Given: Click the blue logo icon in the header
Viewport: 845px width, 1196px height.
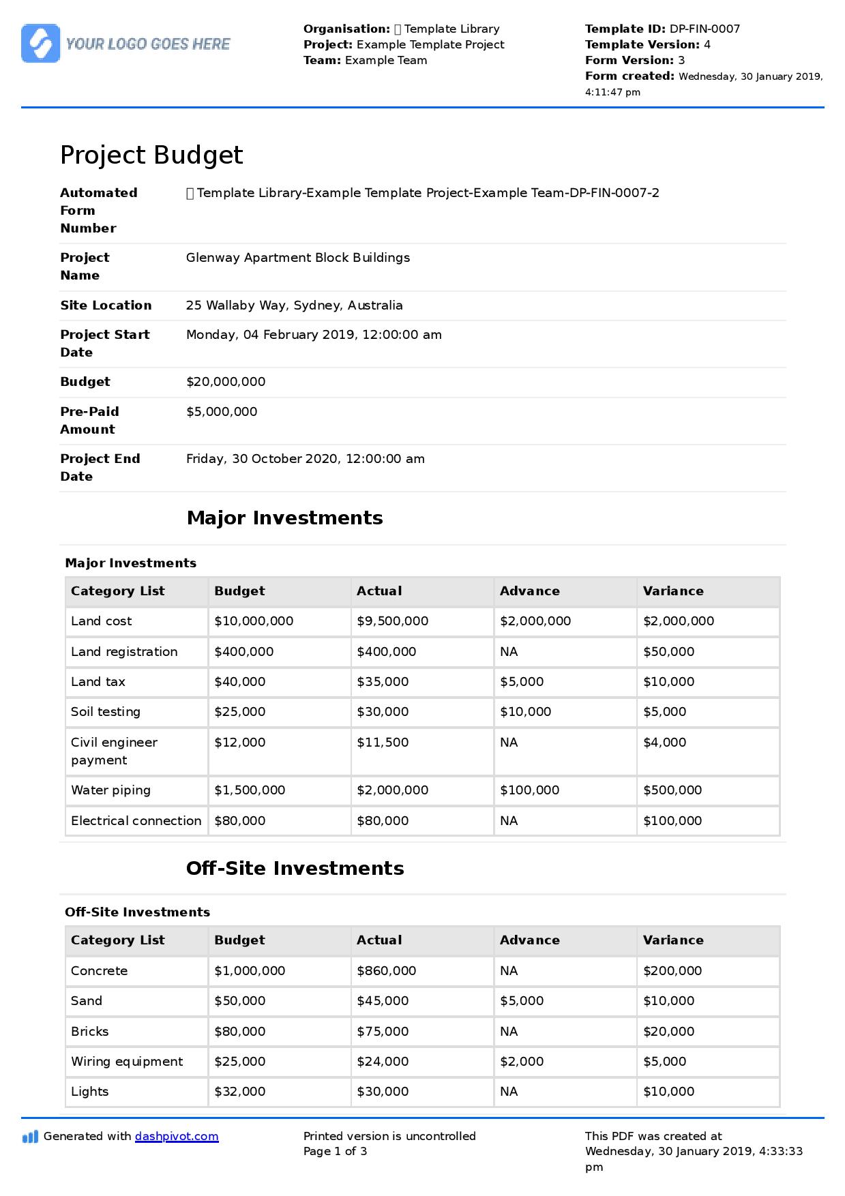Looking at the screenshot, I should [x=40, y=44].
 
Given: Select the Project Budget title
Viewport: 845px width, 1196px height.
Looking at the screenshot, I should [x=151, y=155].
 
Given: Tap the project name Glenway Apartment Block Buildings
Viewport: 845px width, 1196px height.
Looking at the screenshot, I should [x=297, y=258].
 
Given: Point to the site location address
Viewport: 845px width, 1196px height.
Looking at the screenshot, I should [x=294, y=305].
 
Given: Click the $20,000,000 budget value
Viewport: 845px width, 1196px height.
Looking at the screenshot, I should [x=226, y=382].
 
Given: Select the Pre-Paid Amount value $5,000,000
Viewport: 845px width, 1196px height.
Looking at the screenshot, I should [x=222, y=412].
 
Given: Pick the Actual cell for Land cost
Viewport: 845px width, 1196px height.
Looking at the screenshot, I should [x=392, y=621].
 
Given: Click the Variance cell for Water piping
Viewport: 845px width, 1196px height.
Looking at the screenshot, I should [x=672, y=790].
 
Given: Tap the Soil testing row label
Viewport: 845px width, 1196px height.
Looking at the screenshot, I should [x=105, y=712].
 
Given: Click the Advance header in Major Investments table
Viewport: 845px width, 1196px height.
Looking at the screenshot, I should [x=529, y=591].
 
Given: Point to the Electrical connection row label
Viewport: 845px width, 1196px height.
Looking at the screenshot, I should [x=136, y=821].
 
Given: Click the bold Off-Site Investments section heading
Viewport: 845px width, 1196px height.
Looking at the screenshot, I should [x=295, y=868].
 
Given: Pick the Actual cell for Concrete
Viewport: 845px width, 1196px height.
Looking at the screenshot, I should [x=386, y=971].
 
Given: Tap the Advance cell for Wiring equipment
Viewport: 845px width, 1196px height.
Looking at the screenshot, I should [x=521, y=1062].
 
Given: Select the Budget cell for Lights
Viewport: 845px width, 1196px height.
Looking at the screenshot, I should [x=239, y=1092].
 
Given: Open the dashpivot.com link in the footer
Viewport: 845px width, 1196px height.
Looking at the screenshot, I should [x=177, y=1136].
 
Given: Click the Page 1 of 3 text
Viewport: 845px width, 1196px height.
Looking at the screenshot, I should [x=335, y=1151].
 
